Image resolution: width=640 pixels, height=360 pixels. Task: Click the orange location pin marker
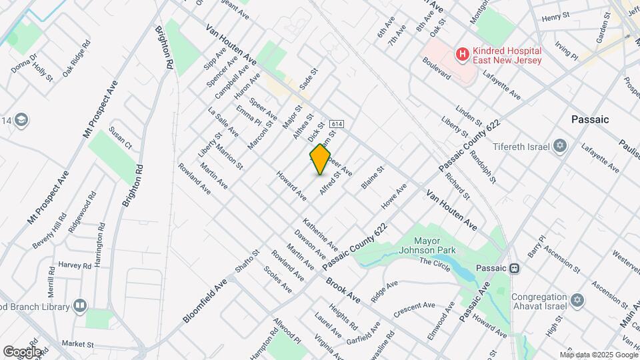tap(320, 159)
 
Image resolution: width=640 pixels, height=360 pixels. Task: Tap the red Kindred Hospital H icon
tap(461, 54)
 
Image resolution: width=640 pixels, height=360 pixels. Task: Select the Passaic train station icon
tap(514, 268)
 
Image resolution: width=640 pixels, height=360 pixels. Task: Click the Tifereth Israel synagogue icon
tap(560, 146)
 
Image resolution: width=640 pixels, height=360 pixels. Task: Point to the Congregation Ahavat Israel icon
tap(577, 302)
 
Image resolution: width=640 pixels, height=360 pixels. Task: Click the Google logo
tap(21, 351)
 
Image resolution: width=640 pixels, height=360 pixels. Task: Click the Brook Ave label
tap(343, 291)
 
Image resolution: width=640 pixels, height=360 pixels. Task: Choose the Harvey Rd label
tap(74, 265)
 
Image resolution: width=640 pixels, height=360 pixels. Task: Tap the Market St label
tap(77, 345)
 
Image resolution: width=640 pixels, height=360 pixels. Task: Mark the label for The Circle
tap(435, 262)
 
